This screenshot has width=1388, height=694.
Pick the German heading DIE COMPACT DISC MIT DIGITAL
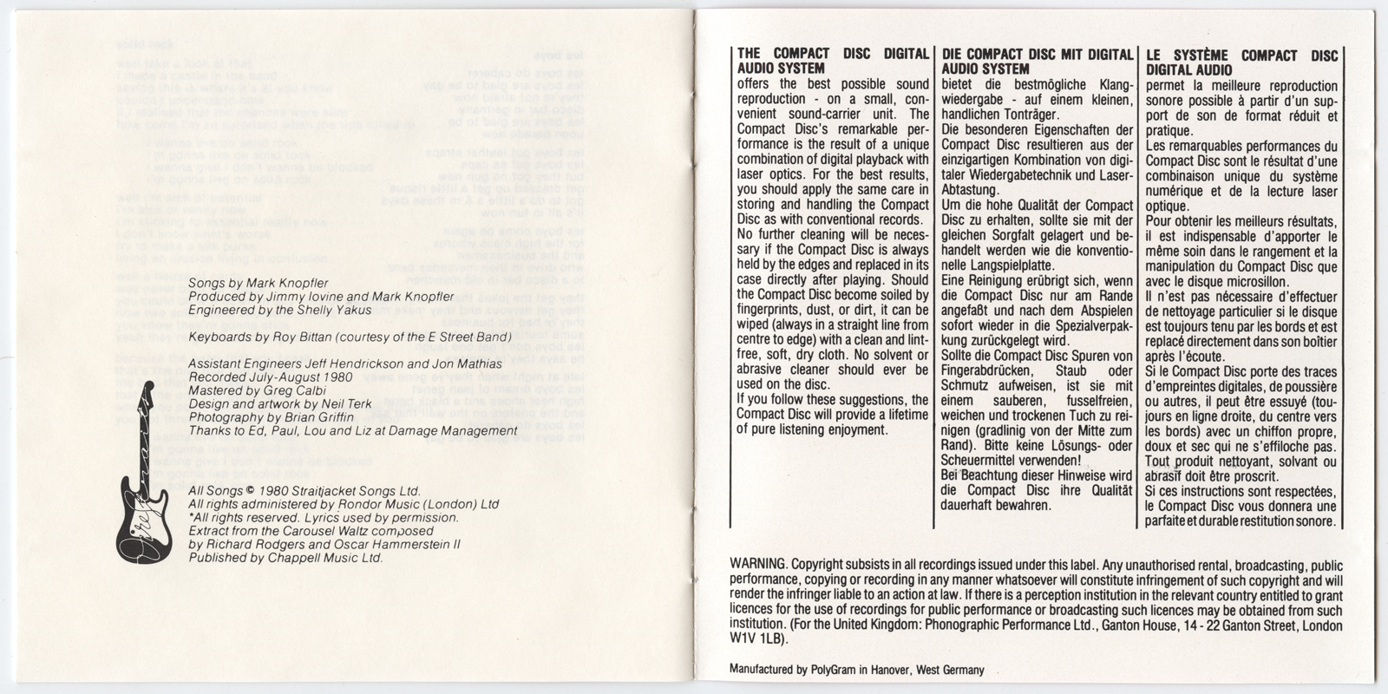coord(1037,55)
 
